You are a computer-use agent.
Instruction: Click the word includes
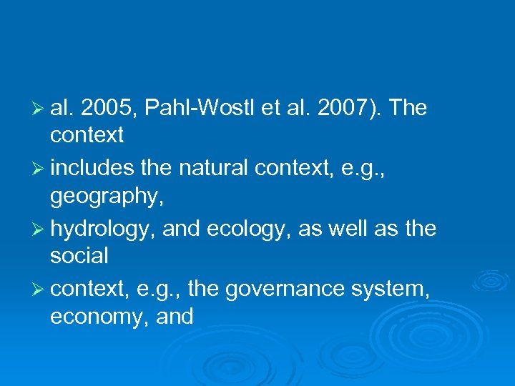(x=92, y=169)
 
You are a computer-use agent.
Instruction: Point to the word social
(x=79, y=254)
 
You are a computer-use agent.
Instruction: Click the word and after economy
(x=175, y=315)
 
